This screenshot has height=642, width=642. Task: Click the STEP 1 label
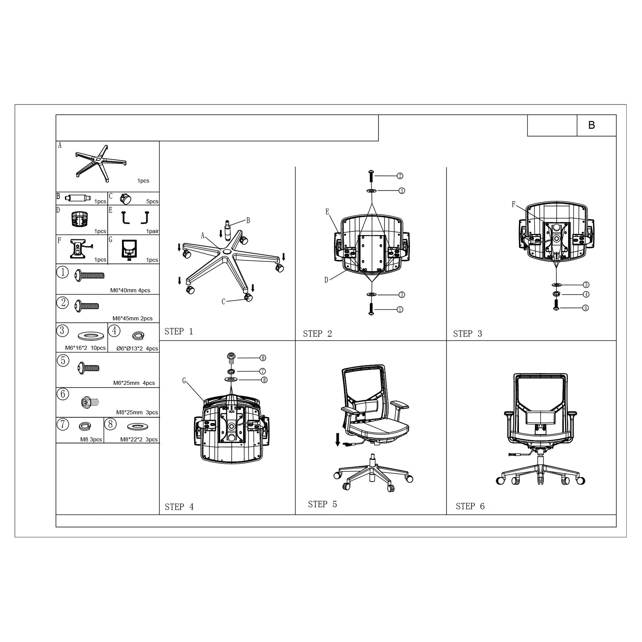point(179,331)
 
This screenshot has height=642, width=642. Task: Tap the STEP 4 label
point(179,507)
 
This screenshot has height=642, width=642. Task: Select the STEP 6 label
point(470,506)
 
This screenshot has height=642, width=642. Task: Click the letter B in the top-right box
point(591,125)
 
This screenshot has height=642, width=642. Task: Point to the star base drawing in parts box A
point(102,163)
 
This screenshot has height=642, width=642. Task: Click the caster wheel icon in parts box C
point(126,199)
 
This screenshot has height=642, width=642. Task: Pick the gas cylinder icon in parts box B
point(78,198)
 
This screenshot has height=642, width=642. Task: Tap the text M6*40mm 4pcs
point(130,290)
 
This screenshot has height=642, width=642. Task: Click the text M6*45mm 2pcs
point(132,319)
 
